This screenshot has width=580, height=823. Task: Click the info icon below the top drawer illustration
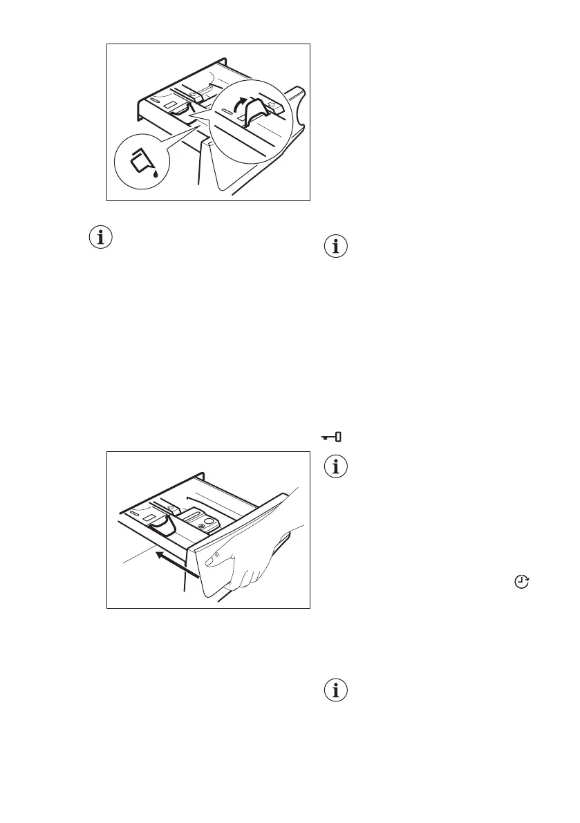point(102,238)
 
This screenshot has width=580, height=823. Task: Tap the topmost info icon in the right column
point(336,247)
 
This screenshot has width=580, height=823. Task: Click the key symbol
point(333,437)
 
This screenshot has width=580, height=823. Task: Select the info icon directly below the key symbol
point(336,467)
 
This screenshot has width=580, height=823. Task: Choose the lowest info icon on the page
point(336,692)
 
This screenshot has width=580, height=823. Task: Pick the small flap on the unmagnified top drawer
point(179,108)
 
